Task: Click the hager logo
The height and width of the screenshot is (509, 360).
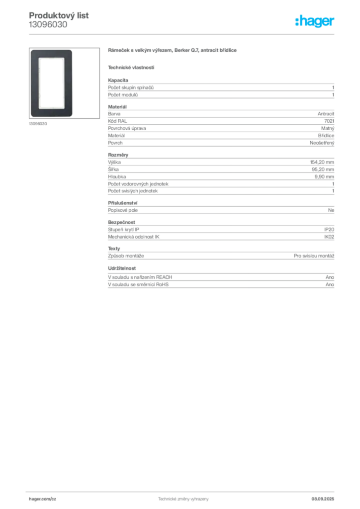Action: coord(315,21)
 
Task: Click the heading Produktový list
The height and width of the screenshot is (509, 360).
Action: coord(59,15)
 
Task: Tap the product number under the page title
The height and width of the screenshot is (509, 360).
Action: coord(48,25)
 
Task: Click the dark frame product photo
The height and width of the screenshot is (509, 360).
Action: coord(52,83)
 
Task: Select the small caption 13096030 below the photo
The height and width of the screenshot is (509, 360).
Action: coord(38,124)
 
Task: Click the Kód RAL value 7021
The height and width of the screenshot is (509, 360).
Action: coord(329,121)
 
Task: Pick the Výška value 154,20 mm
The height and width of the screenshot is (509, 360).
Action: coord(322,162)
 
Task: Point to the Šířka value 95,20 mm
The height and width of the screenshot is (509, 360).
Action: coord(323,170)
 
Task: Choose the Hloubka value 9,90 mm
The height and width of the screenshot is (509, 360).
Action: coord(324,176)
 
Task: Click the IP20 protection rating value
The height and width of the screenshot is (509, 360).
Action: coord(329,230)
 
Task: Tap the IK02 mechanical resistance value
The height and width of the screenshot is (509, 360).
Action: coord(329,237)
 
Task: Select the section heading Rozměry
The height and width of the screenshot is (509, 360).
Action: coord(118,155)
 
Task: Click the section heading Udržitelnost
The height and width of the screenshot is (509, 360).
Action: coord(122,268)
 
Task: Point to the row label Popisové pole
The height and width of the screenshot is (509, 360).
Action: coord(123,210)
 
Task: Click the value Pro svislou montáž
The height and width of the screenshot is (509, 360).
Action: coord(314,256)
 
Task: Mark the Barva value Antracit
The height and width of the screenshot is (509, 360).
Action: coord(326,114)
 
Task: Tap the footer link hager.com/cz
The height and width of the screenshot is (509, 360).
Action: coord(43,499)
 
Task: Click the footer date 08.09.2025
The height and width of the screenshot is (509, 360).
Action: coord(323,499)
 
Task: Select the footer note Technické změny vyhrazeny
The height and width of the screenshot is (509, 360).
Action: coord(183,499)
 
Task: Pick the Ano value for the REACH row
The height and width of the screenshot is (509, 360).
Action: coord(330,277)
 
